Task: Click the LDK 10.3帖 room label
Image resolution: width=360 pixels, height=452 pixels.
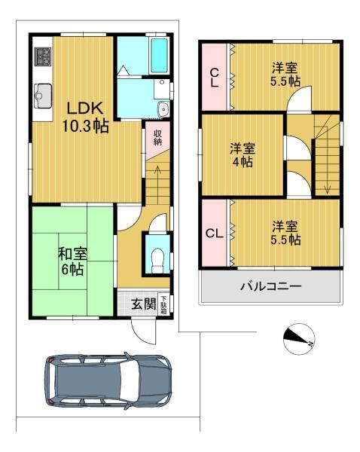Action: pyautogui.click(x=85, y=118)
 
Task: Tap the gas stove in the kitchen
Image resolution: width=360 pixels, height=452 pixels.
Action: pyautogui.click(x=43, y=56)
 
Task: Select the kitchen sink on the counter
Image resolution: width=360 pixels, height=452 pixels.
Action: pyautogui.click(x=43, y=96)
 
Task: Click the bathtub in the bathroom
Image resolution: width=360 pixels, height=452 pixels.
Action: pyautogui.click(x=159, y=55)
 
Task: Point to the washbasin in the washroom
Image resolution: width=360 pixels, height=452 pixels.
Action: pyautogui.click(x=163, y=109)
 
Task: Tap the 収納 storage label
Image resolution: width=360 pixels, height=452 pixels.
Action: pyautogui.click(x=157, y=138)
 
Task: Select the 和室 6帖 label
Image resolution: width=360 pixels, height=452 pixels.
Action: pyautogui.click(x=72, y=261)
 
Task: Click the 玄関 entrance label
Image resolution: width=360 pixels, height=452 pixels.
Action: pyautogui.click(x=144, y=304)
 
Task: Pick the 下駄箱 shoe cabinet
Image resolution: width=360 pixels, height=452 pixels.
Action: pyautogui.click(x=163, y=304)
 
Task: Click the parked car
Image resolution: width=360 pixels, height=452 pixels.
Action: pyautogui.click(x=108, y=380)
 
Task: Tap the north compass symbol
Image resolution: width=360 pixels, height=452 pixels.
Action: pyautogui.click(x=298, y=339)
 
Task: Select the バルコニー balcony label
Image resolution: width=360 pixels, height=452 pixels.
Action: pyautogui.click(x=271, y=286)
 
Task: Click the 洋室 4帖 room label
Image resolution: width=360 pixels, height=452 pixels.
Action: pyautogui.click(x=243, y=155)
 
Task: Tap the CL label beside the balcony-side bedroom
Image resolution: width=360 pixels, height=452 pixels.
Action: pyautogui.click(x=215, y=234)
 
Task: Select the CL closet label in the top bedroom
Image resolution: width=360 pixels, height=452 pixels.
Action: pyautogui.click(x=215, y=78)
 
